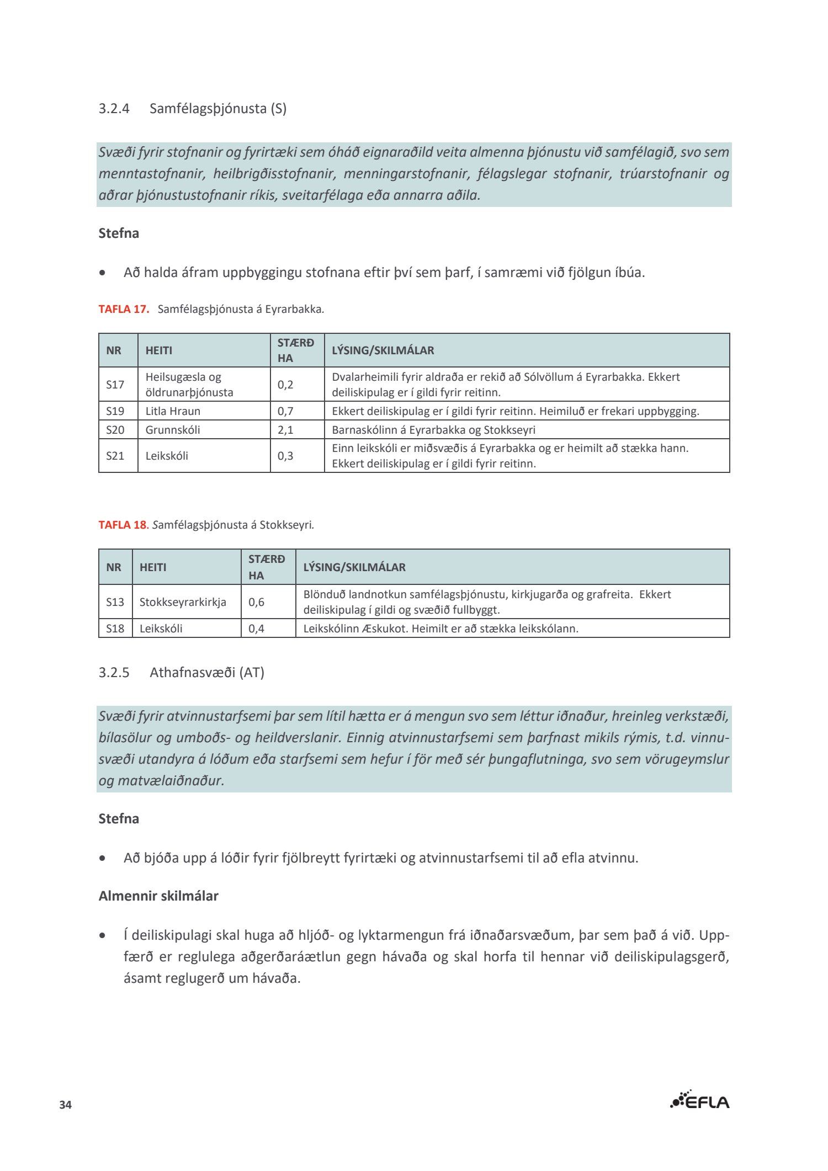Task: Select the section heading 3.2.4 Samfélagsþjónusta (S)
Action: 192,108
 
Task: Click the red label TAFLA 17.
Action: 124,309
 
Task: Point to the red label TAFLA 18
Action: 123,525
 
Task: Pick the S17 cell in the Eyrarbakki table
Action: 115,385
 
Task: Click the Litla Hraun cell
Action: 173,411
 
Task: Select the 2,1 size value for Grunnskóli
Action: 285,430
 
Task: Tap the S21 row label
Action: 115,456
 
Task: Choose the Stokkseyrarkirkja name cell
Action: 183,602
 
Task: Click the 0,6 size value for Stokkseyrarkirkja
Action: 256,602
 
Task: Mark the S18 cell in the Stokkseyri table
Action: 115,629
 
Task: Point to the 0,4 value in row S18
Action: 256,629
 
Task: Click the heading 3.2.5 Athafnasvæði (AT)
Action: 181,673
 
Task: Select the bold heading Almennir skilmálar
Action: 158,896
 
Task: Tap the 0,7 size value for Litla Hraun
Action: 285,411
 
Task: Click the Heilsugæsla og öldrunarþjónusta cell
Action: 189,385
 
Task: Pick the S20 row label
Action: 115,430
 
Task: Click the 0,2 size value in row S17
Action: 285,385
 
